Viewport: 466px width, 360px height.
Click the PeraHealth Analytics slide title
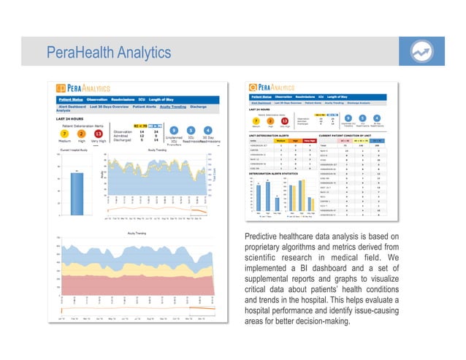pyautogui.click(x=108, y=53)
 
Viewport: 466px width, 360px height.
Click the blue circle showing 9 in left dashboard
pyautogui.click(x=174, y=132)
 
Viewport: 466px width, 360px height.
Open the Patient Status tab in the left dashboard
pyautogui.click(x=71, y=100)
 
